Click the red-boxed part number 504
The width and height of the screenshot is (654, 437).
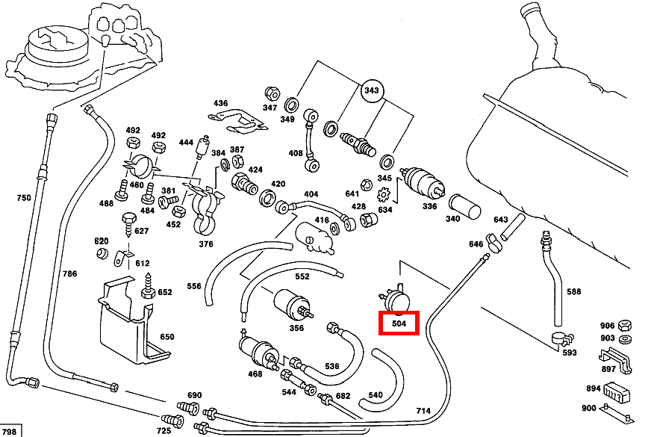[x=399, y=323]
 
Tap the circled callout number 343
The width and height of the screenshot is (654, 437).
[x=371, y=90]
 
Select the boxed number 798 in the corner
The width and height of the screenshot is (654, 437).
[x=9, y=432]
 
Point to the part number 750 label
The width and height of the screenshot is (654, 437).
[x=24, y=197]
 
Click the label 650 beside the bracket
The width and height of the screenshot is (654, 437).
[x=166, y=336]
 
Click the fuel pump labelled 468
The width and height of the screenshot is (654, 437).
[x=259, y=351]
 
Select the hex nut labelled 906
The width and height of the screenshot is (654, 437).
[x=624, y=325]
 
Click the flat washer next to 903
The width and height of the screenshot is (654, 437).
[x=625, y=338]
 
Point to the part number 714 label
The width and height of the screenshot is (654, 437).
[x=423, y=410]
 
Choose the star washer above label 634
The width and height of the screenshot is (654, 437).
[x=383, y=194]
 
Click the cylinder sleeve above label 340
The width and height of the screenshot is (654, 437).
[x=464, y=207]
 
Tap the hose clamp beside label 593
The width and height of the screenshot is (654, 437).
[x=561, y=338]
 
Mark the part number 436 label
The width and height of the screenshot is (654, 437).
[x=221, y=103]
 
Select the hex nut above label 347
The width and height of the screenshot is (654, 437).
[x=272, y=94]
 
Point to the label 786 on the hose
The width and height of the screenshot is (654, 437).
[x=69, y=273]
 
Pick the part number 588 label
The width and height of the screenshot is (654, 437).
[x=573, y=291]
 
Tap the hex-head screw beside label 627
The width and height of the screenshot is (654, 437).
[x=129, y=225]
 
